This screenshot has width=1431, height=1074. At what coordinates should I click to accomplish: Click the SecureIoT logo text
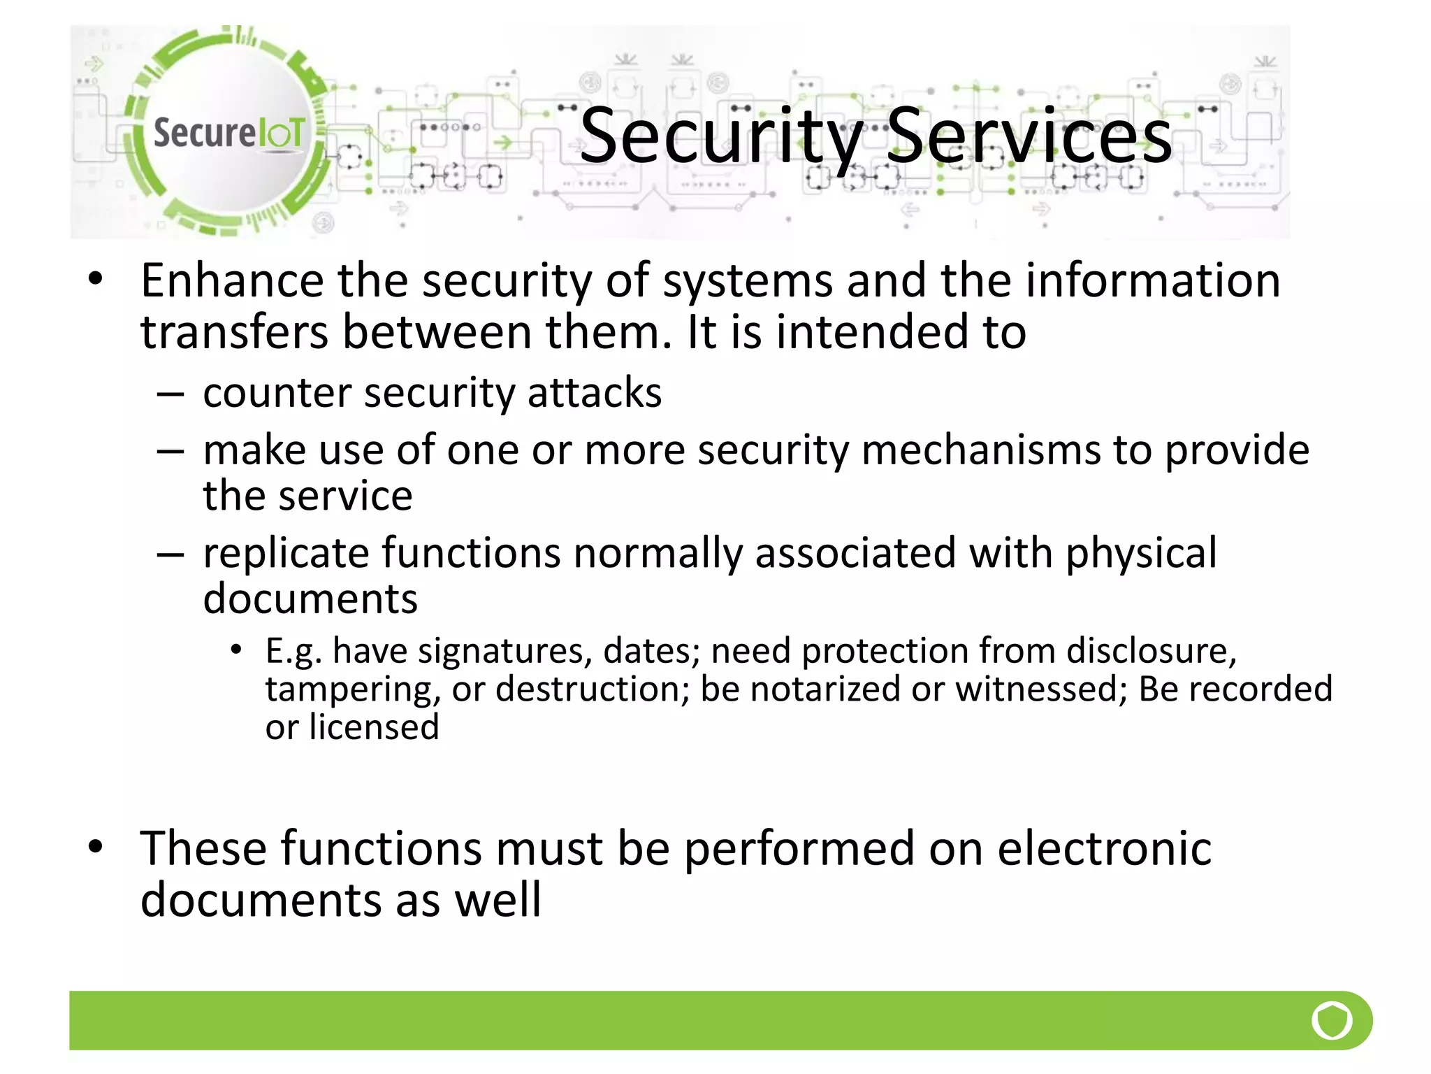pyautogui.click(x=228, y=133)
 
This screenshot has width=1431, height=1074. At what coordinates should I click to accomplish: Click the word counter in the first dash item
pyautogui.click(x=277, y=394)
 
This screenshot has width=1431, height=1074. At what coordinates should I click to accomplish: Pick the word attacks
pyautogui.click(x=594, y=394)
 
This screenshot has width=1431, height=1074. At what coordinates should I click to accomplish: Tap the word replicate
pyautogui.click(x=286, y=554)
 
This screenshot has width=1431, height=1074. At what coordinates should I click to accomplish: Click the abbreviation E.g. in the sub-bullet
pyautogui.click(x=293, y=652)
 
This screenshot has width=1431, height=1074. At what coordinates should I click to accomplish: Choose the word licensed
pyautogui.click(x=374, y=727)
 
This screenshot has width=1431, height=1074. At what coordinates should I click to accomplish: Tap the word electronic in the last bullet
pyautogui.click(x=1104, y=849)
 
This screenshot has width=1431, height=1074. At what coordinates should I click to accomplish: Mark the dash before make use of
pyautogui.click(x=170, y=452)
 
